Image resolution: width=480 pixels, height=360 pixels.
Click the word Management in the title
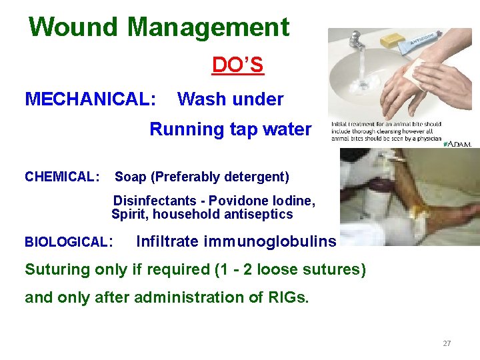coord(208,27)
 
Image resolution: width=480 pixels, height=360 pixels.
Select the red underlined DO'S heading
coord(237,65)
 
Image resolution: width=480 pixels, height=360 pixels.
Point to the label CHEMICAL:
coord(62,177)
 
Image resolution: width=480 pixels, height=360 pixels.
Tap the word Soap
coord(131,177)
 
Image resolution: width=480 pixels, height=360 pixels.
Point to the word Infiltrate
coord(167,242)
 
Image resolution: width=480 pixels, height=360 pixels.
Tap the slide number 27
coord(447,343)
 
